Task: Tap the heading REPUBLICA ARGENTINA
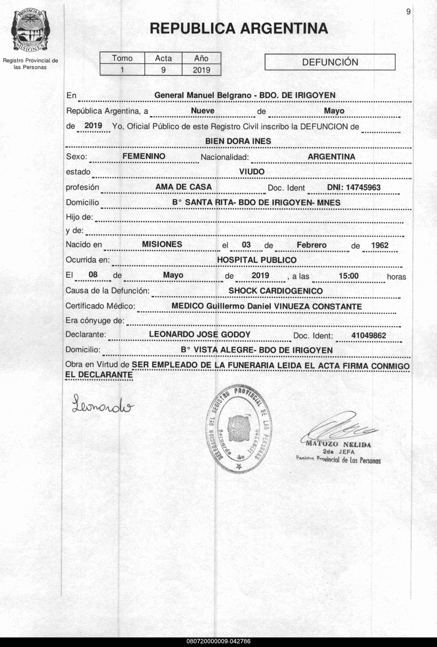(239, 28)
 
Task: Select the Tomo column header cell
(122, 58)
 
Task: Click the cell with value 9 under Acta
(163, 70)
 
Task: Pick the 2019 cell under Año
(201, 70)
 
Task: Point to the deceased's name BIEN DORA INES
(238, 141)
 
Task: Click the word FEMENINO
(144, 156)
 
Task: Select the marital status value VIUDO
(252, 172)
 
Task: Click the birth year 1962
(379, 245)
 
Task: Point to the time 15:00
(348, 276)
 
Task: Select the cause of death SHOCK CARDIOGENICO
(275, 291)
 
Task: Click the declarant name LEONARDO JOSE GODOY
(200, 334)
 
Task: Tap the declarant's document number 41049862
(368, 335)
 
